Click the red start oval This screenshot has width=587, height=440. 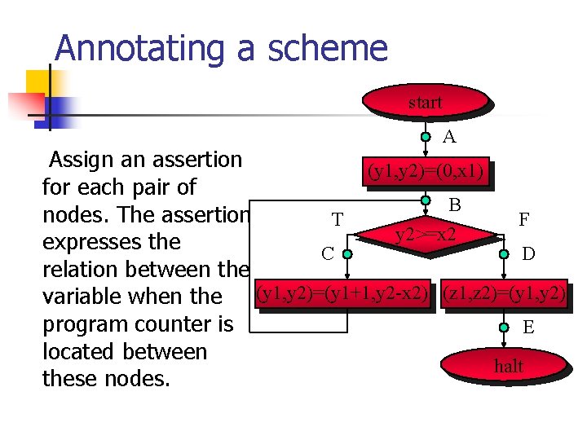click(424, 103)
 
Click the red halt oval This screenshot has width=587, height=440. click(508, 367)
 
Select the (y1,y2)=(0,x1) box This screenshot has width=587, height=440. click(426, 172)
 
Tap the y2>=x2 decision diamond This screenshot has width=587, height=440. click(426, 235)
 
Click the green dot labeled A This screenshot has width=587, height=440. click(426, 137)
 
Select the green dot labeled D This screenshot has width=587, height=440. click(505, 253)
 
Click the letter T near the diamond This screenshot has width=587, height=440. click(337, 219)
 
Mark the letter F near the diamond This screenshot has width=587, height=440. click(524, 219)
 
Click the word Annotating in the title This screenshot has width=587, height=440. click(138, 48)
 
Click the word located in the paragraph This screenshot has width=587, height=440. click(77, 352)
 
